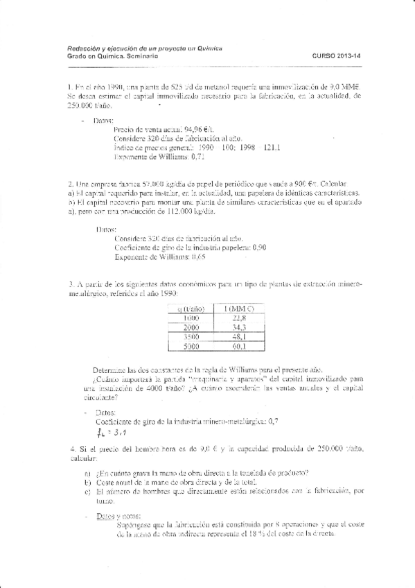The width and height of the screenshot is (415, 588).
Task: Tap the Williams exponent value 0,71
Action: pos(179,157)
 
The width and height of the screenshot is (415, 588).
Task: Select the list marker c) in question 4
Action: pos(87,492)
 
